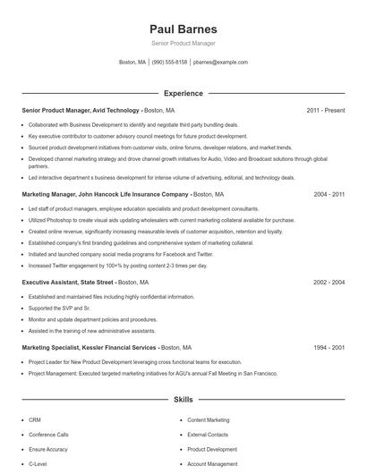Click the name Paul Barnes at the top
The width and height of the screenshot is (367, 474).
pyautogui.click(x=183, y=28)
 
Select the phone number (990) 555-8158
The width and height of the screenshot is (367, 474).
pyautogui.click(x=169, y=63)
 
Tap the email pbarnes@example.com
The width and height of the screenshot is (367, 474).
pyautogui.click(x=220, y=63)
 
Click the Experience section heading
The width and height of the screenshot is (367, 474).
pyautogui.click(x=183, y=93)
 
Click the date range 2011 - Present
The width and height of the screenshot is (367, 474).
pyautogui.click(x=325, y=110)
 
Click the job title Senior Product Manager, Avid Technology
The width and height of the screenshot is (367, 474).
pyautogui.click(x=81, y=110)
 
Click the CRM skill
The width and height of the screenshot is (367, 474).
pyautogui.click(x=35, y=419)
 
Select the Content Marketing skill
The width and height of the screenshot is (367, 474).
pyautogui.click(x=208, y=419)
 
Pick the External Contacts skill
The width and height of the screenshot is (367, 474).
pyautogui.click(x=208, y=435)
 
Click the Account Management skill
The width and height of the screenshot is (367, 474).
pyautogui.click(x=212, y=464)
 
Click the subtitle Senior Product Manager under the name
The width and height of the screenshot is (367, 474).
pyautogui.click(x=183, y=43)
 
